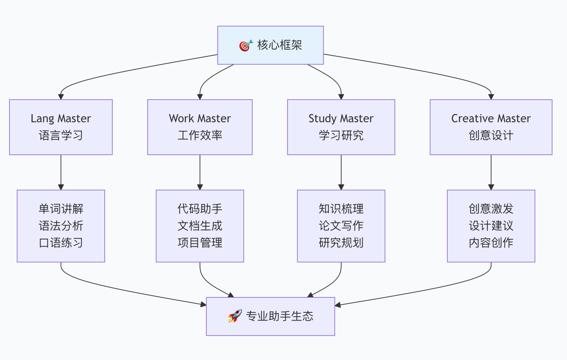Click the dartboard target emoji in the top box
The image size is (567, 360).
pyautogui.click(x=246, y=45)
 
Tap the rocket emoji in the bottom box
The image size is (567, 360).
pyautogui.click(x=235, y=316)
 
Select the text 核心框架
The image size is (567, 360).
pyautogui.click(x=280, y=45)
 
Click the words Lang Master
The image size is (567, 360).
pyautogui.click(x=61, y=119)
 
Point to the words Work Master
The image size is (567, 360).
pyautogui.click(x=200, y=119)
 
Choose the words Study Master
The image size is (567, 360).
pyautogui.click(x=341, y=119)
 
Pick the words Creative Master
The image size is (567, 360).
pyautogui.click(x=491, y=119)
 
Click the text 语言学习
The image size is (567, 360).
pyautogui.click(x=61, y=135)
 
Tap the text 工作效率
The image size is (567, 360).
pyautogui.click(x=200, y=135)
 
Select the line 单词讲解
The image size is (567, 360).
pyautogui.click(x=61, y=209)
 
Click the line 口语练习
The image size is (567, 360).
pyautogui.click(x=61, y=243)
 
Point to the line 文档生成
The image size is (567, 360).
pyautogui.click(x=200, y=226)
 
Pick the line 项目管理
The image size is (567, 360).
pyautogui.click(x=200, y=243)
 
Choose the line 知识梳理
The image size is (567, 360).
pyautogui.click(x=341, y=209)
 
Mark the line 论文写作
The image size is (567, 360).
pyautogui.click(x=341, y=226)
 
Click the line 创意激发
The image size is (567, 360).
pyautogui.click(x=491, y=209)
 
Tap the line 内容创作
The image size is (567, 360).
pyautogui.click(x=491, y=243)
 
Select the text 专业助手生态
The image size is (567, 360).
pyautogui.click(x=280, y=316)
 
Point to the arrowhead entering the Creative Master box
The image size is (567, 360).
pyautogui.click(x=491, y=96)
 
